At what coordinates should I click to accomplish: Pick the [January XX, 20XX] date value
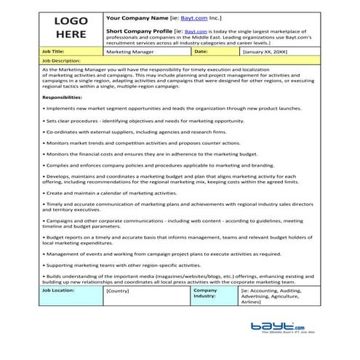(265, 52)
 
